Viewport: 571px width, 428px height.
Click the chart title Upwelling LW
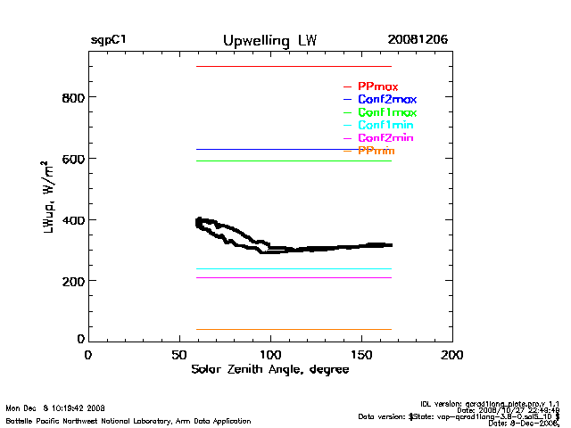[x=269, y=41]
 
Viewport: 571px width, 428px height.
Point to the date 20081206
[x=418, y=41]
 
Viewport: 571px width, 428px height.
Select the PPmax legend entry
[x=377, y=86]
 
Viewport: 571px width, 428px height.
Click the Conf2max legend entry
[x=386, y=100]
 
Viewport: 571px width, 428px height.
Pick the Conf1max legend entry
[x=386, y=113]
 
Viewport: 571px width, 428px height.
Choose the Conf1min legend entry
[x=385, y=126]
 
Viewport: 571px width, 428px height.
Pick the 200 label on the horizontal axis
[x=452, y=355]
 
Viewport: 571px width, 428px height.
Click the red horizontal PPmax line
[x=294, y=67]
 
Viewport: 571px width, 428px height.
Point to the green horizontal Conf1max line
[x=294, y=161]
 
